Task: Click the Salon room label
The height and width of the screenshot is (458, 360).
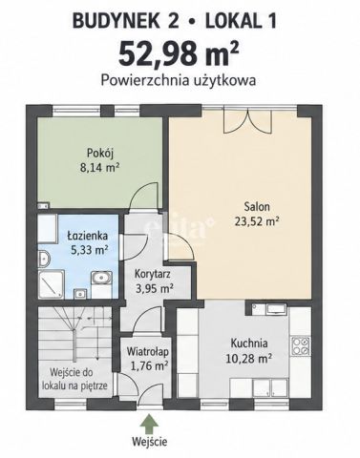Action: pyautogui.click(x=257, y=207)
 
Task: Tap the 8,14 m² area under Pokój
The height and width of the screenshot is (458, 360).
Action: pyautogui.click(x=99, y=167)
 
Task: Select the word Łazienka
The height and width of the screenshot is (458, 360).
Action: pyautogui.click(x=88, y=236)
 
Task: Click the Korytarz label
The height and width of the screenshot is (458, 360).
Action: pyautogui.click(x=153, y=274)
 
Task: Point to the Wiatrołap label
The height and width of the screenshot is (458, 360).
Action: pyautogui.click(x=147, y=352)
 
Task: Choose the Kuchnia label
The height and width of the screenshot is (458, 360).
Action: pyautogui.click(x=249, y=343)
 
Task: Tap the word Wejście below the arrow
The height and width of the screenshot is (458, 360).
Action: pyautogui.click(x=149, y=442)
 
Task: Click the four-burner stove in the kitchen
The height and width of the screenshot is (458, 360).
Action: pyautogui.click(x=301, y=346)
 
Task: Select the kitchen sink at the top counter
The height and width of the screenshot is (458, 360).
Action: pyautogui.click(x=276, y=308)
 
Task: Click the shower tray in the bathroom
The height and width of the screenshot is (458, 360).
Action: pyautogui.click(x=51, y=284)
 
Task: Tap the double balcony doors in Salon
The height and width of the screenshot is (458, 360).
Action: pyautogui.click(x=247, y=120)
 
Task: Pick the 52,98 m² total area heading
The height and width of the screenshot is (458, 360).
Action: pyautogui.click(x=179, y=53)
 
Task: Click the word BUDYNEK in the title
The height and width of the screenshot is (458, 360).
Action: pyautogui.click(x=116, y=22)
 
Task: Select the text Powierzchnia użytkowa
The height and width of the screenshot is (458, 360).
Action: pyautogui.click(x=179, y=80)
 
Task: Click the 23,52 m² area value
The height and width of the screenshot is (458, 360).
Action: pyautogui.click(x=257, y=220)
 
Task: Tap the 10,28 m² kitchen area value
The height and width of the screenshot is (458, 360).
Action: pyautogui.click(x=248, y=359)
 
